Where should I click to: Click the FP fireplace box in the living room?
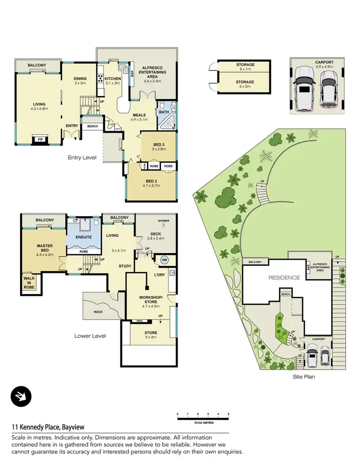click(x=39, y=141)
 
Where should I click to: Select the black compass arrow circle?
click(x=20, y=396)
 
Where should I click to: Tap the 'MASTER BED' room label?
click(x=44, y=249)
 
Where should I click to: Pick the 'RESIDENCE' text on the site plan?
click(x=284, y=278)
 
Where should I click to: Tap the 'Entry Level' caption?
click(x=82, y=157)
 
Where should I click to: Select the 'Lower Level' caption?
click(x=90, y=336)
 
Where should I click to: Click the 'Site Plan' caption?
click(x=303, y=377)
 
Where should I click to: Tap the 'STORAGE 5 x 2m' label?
click(x=245, y=85)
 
